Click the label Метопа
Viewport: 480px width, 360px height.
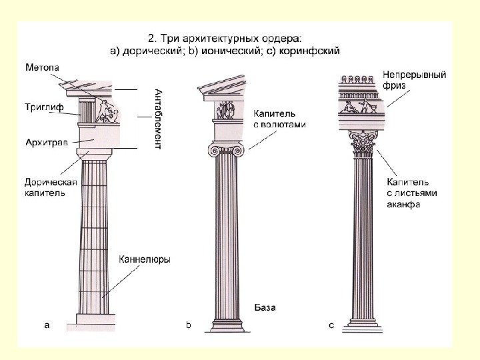pos(43,68)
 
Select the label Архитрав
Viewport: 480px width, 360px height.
pos(46,142)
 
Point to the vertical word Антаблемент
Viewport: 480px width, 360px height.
pos(158,119)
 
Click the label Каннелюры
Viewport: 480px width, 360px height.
pos(145,259)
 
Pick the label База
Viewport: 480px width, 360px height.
pos(265,308)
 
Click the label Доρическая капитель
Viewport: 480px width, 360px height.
pos(50,187)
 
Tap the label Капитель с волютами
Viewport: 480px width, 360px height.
pos(279,118)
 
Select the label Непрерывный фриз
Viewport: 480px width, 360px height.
pos(414,80)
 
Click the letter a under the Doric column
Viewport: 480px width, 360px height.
pos(46,325)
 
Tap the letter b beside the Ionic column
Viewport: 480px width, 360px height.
pos(188,325)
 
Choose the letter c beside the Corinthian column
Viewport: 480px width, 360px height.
pos(331,325)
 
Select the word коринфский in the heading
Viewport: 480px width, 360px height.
pos(315,49)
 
